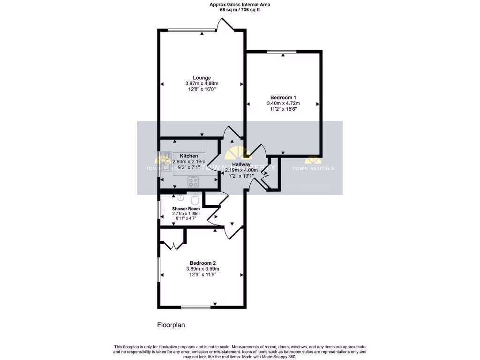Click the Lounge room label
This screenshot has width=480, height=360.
point(202,78)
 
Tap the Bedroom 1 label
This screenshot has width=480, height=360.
point(283,97)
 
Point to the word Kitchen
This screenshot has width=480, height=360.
point(188,156)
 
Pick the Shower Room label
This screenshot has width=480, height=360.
point(186,209)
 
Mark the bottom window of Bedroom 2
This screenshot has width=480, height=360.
point(195,307)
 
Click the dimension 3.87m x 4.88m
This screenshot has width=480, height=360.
point(202,83)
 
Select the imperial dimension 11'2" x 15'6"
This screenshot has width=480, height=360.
point(283,109)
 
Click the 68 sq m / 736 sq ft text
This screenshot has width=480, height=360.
point(240,9)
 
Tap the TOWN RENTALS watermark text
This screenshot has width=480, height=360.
point(313,168)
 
